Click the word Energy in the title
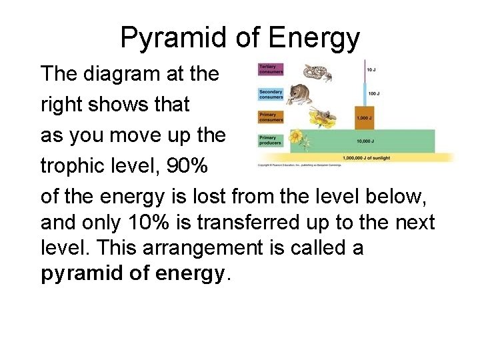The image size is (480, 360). (315, 38)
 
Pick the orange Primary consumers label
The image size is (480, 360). (271, 117)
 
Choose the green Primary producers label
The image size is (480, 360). (271, 140)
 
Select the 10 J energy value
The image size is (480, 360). (370, 70)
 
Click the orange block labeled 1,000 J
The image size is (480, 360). (364, 117)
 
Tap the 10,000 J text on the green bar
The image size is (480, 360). (364, 141)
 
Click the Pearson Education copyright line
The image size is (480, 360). (290, 164)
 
